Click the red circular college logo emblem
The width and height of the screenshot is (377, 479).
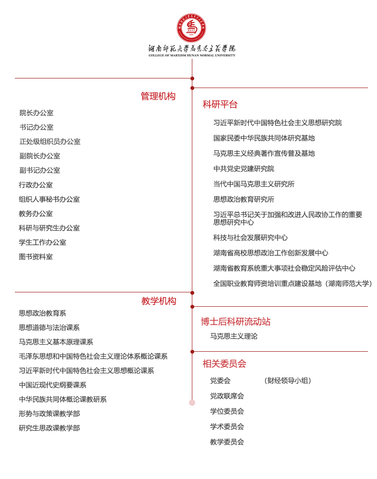coord(191,28)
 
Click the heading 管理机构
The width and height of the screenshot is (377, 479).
coord(158,96)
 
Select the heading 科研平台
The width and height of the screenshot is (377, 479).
coord(220,104)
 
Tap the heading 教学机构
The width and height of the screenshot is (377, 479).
coord(159,301)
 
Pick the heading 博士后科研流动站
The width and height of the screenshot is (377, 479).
coord(235,322)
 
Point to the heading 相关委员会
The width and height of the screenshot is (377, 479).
coord(224,364)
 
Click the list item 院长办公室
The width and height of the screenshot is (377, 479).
coord(36,113)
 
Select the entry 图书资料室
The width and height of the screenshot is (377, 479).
coord(36,257)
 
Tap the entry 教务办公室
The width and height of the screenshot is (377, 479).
coord(36,214)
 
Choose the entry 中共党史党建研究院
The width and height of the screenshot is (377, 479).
coord(244,169)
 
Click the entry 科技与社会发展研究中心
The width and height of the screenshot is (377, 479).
coord(250,238)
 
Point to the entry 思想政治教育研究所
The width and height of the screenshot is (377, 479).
coord(244,200)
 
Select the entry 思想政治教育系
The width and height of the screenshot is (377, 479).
coord(43,313)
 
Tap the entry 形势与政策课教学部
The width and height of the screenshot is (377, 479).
coord(49,414)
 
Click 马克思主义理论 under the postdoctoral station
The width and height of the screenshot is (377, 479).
coord(233,336)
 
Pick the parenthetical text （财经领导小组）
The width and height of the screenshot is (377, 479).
coord(288,381)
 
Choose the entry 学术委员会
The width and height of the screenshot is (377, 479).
coord(227,427)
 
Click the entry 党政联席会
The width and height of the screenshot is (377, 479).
coord(227,396)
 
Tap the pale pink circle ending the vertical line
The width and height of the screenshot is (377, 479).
coord(192,402)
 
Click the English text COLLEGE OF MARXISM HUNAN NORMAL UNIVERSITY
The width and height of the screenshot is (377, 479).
coord(192,56)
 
